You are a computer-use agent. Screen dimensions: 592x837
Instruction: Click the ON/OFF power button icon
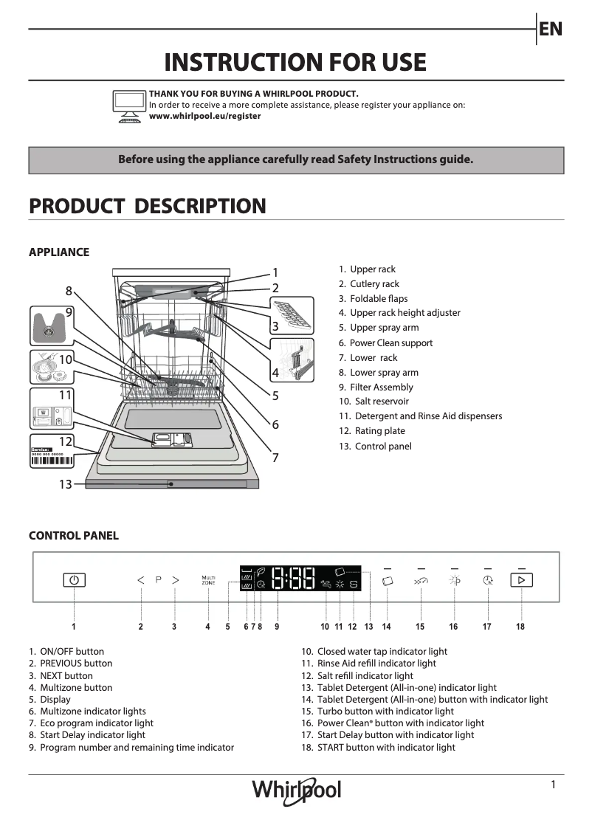click(x=74, y=580)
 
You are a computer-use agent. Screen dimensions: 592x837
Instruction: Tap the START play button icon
click(x=521, y=580)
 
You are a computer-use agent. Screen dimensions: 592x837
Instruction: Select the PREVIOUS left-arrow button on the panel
click(x=141, y=580)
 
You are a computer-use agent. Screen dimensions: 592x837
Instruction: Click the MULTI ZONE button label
click(x=208, y=580)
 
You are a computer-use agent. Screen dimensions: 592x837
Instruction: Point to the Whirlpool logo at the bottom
click(x=297, y=790)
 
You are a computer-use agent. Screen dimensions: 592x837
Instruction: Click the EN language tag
click(x=551, y=29)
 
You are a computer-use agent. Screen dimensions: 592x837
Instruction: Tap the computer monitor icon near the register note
click(x=129, y=106)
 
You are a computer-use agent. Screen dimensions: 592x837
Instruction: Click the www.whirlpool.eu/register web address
click(x=204, y=116)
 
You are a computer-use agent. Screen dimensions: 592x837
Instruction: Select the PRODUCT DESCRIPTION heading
click(x=147, y=206)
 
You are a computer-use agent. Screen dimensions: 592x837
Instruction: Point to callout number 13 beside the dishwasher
click(x=66, y=484)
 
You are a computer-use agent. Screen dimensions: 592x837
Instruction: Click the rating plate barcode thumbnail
click(x=52, y=455)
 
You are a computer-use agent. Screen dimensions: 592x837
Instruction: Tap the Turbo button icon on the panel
click(x=420, y=581)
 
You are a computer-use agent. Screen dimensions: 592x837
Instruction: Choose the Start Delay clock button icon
click(x=487, y=581)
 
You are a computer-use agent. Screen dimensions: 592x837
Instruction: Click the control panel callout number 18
click(x=520, y=627)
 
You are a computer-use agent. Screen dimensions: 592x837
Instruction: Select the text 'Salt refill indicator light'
click(x=365, y=675)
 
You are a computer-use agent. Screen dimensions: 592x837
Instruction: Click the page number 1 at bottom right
click(x=553, y=785)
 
